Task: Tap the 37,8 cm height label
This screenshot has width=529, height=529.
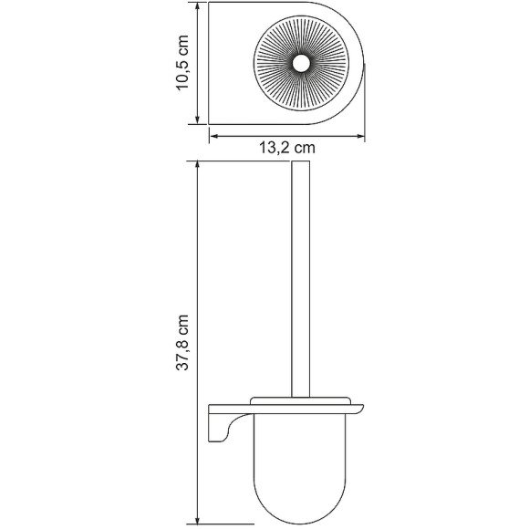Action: (182, 344)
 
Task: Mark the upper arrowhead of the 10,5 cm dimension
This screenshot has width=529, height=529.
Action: (197, 8)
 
